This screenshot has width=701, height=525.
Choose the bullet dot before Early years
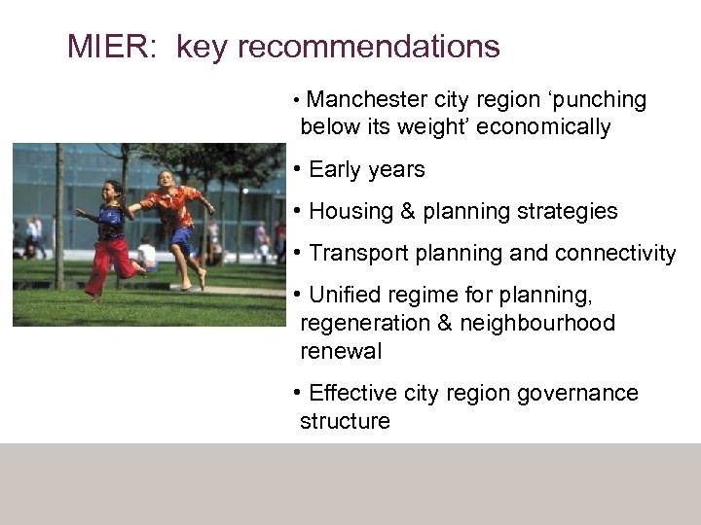[296, 169]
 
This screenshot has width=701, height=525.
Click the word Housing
[350, 211]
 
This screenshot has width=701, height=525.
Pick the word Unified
[348, 295]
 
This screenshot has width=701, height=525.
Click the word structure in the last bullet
[345, 421]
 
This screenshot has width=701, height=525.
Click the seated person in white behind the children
[147, 255]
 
